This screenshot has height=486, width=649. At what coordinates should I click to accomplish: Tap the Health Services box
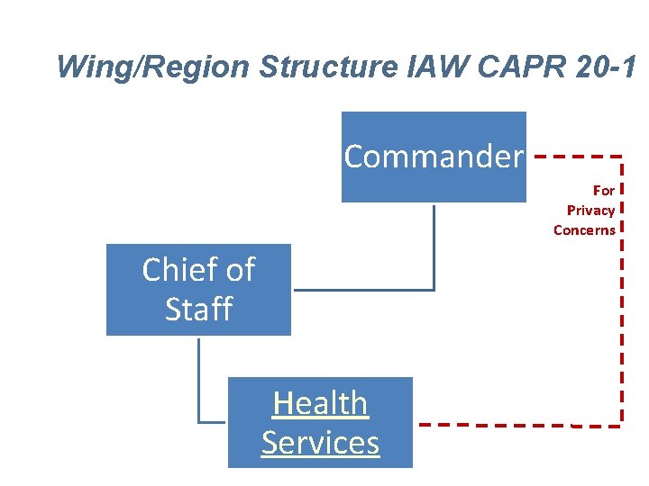[x=320, y=454]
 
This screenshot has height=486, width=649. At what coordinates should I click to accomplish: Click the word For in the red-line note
[x=604, y=191]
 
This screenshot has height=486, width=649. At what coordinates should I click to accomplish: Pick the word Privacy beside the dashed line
[x=590, y=211]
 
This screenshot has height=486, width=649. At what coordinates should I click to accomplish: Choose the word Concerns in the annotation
[x=584, y=230]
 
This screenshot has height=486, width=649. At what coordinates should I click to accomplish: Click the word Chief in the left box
[x=175, y=269]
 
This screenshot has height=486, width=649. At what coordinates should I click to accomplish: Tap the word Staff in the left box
[x=198, y=310]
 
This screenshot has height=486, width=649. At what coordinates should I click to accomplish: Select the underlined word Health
[x=320, y=403]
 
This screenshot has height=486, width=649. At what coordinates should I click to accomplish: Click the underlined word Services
[x=320, y=443]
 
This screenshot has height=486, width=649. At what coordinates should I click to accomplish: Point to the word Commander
[x=433, y=157]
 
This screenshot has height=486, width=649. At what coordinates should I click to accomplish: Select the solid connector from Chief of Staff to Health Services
[x=198, y=378]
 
